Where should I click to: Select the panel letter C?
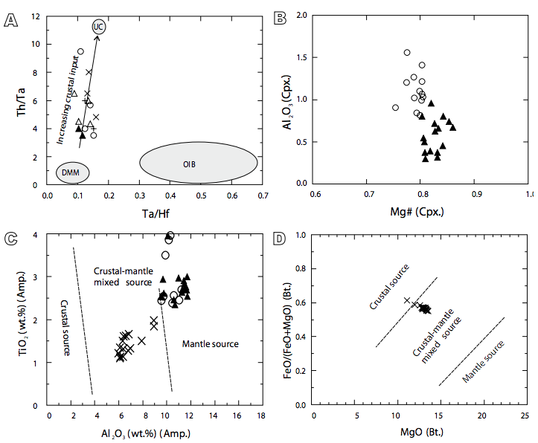coord(10,238)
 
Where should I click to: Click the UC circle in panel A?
coord(99,27)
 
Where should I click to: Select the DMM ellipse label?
coord(72,172)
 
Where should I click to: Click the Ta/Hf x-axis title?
coord(155,213)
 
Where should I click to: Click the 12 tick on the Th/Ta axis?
coord(35,16)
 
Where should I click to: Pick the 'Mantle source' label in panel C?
coord(210,343)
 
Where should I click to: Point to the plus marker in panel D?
coord(407,300)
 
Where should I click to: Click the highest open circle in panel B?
coord(407,52)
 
